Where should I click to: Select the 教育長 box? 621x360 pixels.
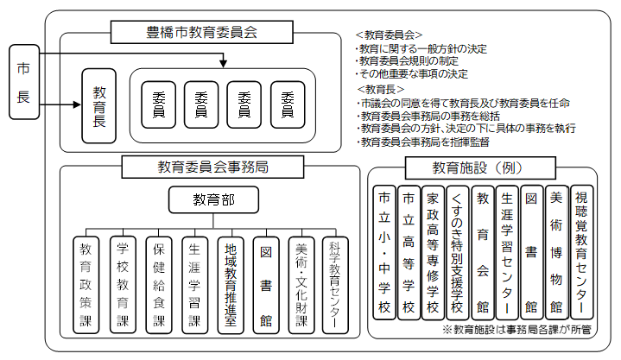click(x=99, y=104)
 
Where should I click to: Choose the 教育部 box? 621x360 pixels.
click(x=213, y=201)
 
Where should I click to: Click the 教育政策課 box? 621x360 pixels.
click(x=86, y=284)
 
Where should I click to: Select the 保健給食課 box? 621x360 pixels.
click(x=158, y=284)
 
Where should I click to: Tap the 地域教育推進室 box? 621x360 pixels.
click(x=228, y=284)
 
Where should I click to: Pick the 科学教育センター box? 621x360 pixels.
click(x=335, y=284)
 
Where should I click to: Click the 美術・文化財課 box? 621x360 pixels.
click(x=301, y=284)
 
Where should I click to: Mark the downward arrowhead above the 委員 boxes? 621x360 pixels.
click(x=224, y=63)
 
